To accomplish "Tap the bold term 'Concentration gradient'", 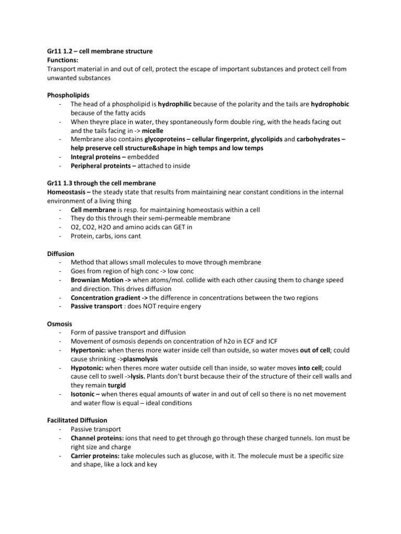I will pos(110,297).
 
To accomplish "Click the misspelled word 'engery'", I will pos(188,306).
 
